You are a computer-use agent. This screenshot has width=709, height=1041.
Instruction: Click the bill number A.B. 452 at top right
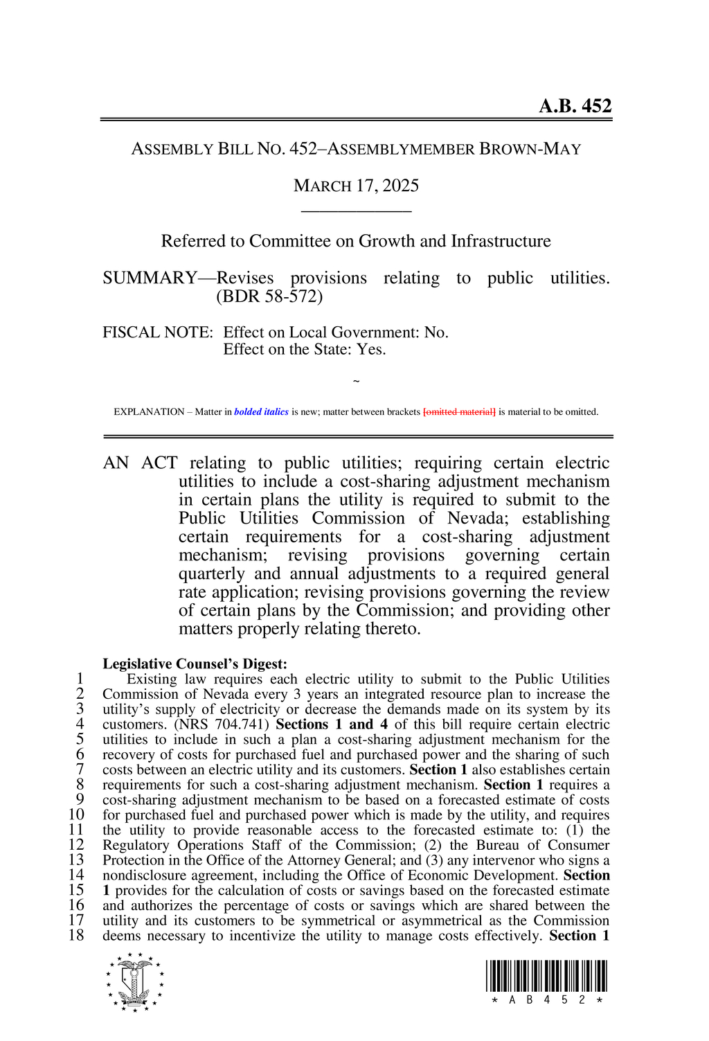pyautogui.click(x=575, y=106)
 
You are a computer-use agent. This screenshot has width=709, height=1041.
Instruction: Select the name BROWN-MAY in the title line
pyautogui.click(x=530, y=149)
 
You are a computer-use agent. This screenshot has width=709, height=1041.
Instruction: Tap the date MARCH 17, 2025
pyautogui.click(x=356, y=186)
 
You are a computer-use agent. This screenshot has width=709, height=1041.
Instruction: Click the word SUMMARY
pyautogui.click(x=150, y=278)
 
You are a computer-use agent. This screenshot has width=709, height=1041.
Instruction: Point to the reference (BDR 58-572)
pyautogui.click(x=269, y=296)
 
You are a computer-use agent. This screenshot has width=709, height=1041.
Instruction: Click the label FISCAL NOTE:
pyautogui.click(x=157, y=332)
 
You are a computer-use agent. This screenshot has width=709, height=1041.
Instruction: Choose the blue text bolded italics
pyautogui.click(x=261, y=412)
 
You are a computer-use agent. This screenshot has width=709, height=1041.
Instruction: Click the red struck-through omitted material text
pyautogui.click(x=459, y=412)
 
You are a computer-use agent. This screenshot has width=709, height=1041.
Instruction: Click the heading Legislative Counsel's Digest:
pyautogui.click(x=195, y=664)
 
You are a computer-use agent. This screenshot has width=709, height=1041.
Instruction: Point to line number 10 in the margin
pyautogui.click(x=76, y=815)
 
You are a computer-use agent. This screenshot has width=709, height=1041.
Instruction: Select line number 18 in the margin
pyautogui.click(x=76, y=936)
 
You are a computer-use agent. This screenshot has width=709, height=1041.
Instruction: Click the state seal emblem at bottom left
pyautogui.click(x=135, y=981)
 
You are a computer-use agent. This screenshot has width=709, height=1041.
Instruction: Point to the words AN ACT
pyautogui.click(x=140, y=463)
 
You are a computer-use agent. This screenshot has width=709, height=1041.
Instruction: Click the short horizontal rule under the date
pyautogui.click(x=356, y=211)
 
